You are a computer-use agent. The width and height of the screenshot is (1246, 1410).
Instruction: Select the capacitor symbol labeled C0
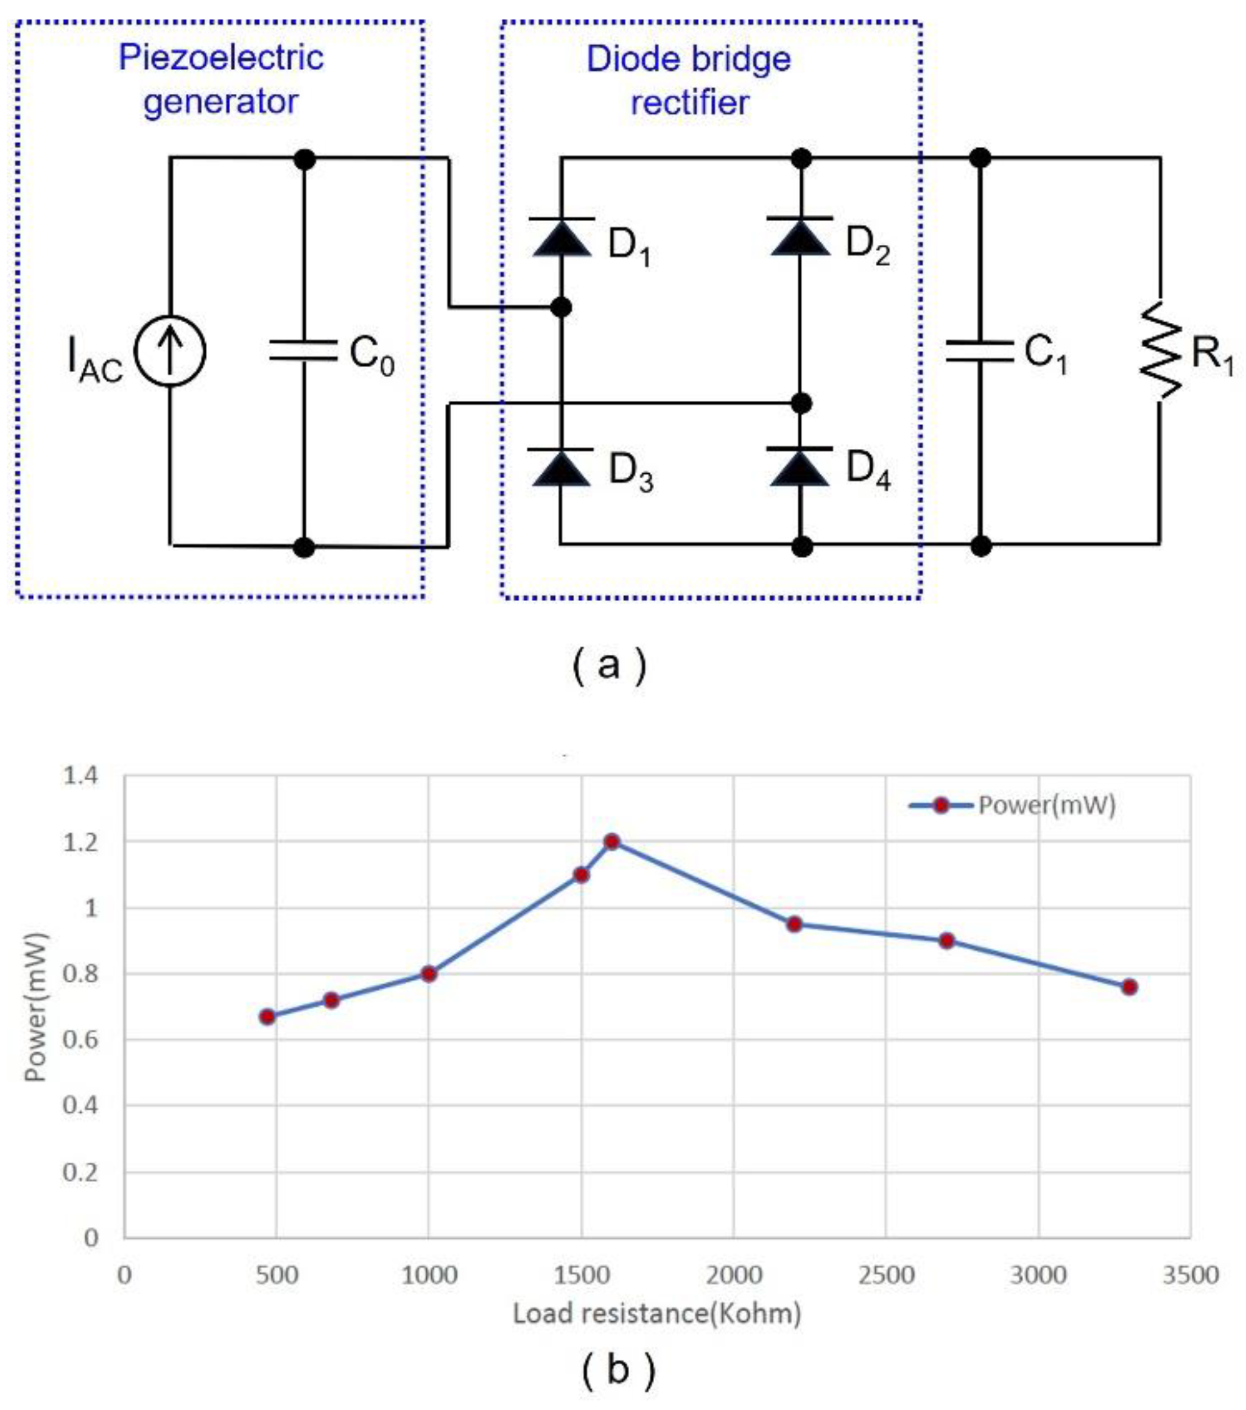[303, 350]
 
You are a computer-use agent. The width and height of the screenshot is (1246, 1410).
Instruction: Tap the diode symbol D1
[561, 238]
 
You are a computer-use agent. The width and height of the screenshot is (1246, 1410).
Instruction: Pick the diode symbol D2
[800, 236]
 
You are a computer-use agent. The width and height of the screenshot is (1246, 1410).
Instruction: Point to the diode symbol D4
[800, 467]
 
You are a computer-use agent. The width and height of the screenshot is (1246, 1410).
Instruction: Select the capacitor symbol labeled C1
[979, 351]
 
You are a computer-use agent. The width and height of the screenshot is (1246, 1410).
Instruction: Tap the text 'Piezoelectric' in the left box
[221, 57]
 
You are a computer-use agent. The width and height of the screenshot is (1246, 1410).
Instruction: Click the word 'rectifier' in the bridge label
[689, 103]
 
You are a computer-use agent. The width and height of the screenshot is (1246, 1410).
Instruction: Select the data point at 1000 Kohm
[429, 974]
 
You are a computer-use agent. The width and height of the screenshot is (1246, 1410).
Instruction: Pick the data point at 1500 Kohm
[582, 875]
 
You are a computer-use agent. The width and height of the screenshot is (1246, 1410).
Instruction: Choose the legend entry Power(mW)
[1012, 805]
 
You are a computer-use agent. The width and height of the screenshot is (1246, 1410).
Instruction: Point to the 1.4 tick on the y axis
[82, 776]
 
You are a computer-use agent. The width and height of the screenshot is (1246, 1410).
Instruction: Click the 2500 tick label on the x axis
[886, 1275]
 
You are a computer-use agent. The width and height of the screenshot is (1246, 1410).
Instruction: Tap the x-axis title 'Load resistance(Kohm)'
[657, 1313]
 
